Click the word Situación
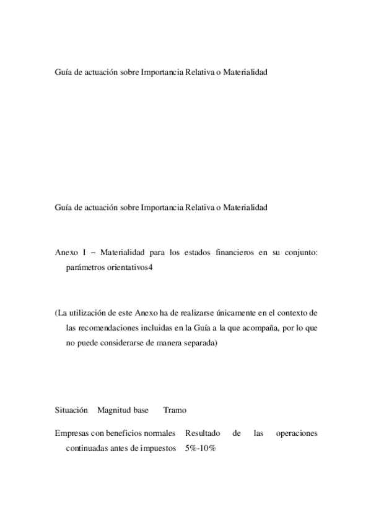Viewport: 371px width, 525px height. click(71, 410)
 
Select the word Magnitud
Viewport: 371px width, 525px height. click(112, 410)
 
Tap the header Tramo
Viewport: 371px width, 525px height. click(175, 410)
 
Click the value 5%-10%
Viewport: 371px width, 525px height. click(199, 448)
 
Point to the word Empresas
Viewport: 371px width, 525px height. click(72, 433)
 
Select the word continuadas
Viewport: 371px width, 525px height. click(86, 448)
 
